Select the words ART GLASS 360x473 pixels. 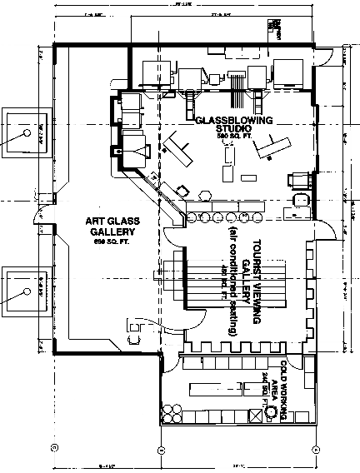(114, 221)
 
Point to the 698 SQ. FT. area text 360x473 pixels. (114, 241)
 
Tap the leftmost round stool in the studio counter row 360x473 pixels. (190, 218)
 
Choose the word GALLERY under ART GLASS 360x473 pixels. (114, 232)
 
